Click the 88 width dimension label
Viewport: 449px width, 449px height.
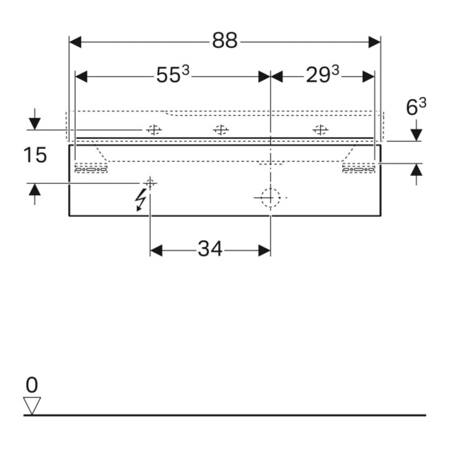[x=224, y=41]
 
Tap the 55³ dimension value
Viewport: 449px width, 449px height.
[x=173, y=74]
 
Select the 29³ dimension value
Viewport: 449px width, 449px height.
[x=322, y=74]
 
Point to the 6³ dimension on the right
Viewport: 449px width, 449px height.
[x=416, y=107]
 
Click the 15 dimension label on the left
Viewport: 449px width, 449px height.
[x=35, y=155]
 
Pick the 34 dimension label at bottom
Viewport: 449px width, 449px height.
[x=210, y=249]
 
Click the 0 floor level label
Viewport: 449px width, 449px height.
[x=32, y=385]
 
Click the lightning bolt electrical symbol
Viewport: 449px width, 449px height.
[x=140, y=200]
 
